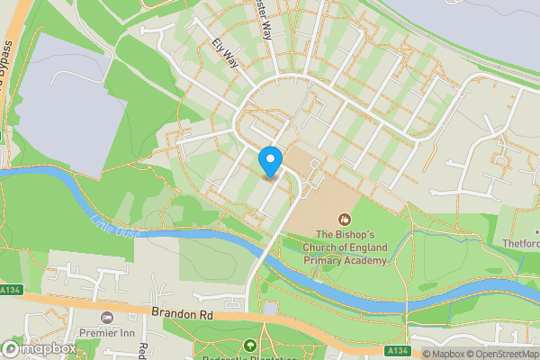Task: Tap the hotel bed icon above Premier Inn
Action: click(108, 318)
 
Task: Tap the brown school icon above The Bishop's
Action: click(343, 218)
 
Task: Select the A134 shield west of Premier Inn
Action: click(10, 290)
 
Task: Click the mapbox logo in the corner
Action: click(39, 348)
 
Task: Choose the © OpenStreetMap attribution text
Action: click(504, 354)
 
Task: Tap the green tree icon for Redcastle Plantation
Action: click(250, 344)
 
